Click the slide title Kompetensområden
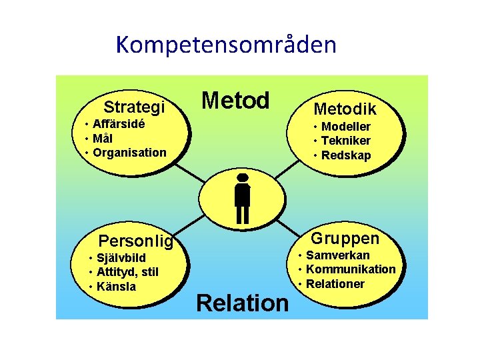pos(226,45)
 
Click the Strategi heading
pos(134,107)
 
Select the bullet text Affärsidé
pos(120,124)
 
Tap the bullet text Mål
pos(103,138)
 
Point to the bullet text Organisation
pos(129,152)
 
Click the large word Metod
pos(235,101)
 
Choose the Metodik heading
pos(345,109)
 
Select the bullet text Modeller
pos(345,127)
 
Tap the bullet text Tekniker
pos(345,141)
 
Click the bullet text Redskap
pos(345,155)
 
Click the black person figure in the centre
pos(243,198)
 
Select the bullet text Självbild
pos(121,258)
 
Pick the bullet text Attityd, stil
pos(127,272)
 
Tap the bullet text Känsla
pos(116,287)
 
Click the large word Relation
pos(243,303)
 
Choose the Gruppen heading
pos(345,239)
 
